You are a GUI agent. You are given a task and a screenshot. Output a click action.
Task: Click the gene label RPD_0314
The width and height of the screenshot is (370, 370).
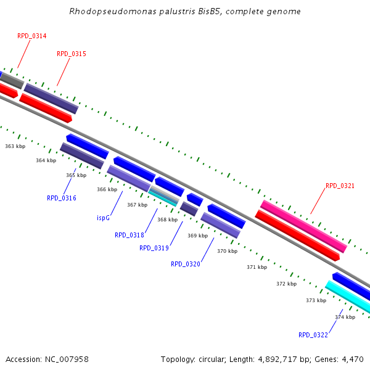click(31, 36)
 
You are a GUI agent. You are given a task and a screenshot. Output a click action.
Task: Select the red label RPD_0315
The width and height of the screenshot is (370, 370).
click(71, 54)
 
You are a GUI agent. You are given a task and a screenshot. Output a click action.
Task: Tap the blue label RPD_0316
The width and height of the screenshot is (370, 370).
click(61, 198)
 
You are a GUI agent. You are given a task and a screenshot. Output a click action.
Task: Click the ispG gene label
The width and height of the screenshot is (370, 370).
click(104, 218)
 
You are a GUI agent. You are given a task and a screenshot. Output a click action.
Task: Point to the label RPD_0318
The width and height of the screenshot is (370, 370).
click(129, 235)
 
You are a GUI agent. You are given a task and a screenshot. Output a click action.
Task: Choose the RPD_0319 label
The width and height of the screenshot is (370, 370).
click(154, 248)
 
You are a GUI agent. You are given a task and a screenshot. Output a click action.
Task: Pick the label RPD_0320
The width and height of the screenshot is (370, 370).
click(185, 264)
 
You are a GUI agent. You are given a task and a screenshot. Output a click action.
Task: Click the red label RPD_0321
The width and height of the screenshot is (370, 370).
click(340, 186)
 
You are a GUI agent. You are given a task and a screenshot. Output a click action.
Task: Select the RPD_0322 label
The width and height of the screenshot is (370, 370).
click(313, 335)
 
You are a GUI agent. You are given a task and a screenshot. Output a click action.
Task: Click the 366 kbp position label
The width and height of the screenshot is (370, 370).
click(107, 189)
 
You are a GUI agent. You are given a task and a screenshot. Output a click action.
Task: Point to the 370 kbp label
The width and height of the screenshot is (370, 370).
click(227, 251)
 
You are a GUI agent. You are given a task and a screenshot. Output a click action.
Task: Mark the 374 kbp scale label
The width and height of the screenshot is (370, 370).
click(345, 317)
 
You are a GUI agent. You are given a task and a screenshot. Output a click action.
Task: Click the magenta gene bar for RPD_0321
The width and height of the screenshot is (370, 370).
click(303, 226)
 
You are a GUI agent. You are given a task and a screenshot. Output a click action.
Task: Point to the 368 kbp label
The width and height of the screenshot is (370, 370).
click(167, 220)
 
